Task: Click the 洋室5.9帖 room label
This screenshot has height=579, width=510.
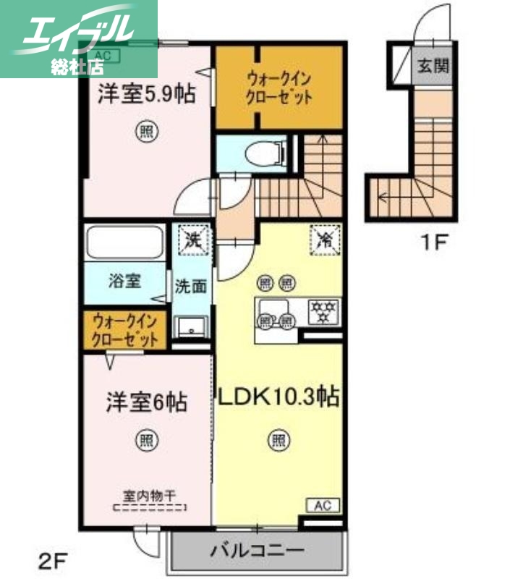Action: tap(147, 94)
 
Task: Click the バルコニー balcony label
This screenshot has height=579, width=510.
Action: tap(257, 551)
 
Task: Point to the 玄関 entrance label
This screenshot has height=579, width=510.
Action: tap(432, 66)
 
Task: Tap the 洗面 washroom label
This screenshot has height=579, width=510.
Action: tap(191, 286)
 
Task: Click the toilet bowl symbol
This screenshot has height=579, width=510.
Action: tap(260, 154)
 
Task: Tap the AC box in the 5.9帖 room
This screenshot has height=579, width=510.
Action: tap(102, 55)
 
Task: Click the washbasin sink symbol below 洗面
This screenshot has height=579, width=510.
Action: tap(191, 327)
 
